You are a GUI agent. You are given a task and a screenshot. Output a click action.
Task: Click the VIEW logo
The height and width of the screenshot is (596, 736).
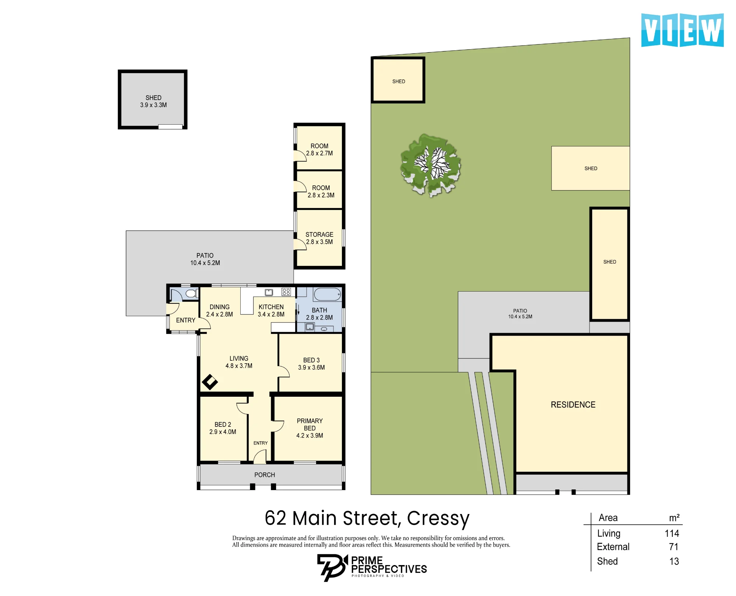pyautogui.click(x=682, y=30)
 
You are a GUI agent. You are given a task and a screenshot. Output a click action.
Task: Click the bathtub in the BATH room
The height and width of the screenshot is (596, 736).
pyautogui.click(x=328, y=295)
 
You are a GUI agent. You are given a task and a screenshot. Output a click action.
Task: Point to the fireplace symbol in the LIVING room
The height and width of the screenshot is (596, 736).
pyautogui.click(x=210, y=382)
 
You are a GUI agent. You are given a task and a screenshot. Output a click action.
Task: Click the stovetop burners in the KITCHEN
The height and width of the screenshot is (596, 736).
pyautogui.click(x=286, y=292)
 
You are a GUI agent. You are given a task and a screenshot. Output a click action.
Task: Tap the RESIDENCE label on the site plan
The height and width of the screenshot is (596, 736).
pyautogui.click(x=573, y=405)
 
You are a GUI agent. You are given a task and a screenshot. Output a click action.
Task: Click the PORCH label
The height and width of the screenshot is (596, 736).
pyautogui.click(x=265, y=475)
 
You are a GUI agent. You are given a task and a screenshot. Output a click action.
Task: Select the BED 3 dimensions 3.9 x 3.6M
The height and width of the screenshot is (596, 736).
pyautogui.click(x=311, y=368)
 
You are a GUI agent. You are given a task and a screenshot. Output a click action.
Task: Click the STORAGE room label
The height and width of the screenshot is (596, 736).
pyautogui.click(x=319, y=235)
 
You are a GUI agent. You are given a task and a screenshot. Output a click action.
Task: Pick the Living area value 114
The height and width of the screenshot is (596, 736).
pyautogui.click(x=672, y=533)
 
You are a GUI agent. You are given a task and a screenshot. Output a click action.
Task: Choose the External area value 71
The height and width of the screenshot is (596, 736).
pyautogui.click(x=674, y=547)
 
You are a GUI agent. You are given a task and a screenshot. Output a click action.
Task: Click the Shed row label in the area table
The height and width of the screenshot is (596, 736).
pyautogui.click(x=607, y=561)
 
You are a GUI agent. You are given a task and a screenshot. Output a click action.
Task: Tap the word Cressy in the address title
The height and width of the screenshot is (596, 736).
pyautogui.click(x=438, y=519)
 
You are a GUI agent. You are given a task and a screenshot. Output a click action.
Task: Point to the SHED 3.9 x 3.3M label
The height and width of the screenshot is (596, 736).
pyautogui.click(x=153, y=101)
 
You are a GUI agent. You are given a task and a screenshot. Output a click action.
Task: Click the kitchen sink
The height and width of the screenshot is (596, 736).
pyautogui.click(x=269, y=292)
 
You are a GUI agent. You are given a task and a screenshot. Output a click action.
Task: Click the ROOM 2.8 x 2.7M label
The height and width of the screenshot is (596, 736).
pyautogui.click(x=319, y=150)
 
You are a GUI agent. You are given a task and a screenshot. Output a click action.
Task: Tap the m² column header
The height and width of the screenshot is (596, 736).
pyautogui.click(x=674, y=518)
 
